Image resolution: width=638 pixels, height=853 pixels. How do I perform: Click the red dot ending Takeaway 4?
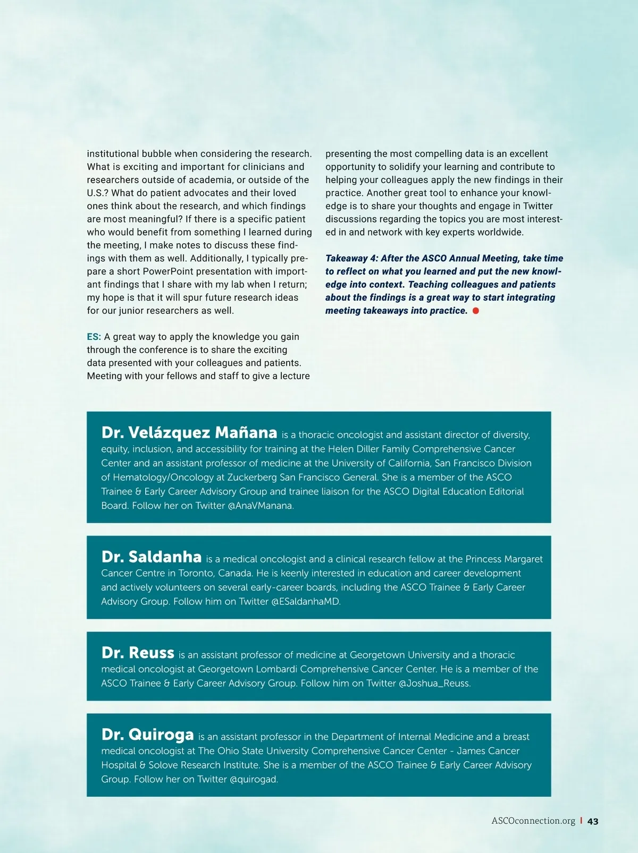point(475,311)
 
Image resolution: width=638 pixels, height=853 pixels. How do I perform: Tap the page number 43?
point(593,821)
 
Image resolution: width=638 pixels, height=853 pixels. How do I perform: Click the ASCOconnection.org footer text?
point(533,821)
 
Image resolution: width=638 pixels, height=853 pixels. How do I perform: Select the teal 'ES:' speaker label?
point(94,337)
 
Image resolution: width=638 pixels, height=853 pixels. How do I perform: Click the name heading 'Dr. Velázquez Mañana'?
point(189,432)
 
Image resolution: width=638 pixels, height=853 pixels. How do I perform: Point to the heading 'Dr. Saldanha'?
point(152,557)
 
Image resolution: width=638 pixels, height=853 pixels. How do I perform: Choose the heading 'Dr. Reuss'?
point(138,653)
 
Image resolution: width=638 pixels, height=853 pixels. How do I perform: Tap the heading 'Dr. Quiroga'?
point(147,735)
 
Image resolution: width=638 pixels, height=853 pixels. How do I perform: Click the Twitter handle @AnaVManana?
point(261,506)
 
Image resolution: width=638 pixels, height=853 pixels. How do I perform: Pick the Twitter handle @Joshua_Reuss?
point(434,684)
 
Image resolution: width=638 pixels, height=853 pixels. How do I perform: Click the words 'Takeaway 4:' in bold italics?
point(351,259)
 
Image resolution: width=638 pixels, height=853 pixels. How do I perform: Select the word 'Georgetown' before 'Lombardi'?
point(225,669)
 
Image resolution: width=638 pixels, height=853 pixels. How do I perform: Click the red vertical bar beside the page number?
point(581,821)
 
